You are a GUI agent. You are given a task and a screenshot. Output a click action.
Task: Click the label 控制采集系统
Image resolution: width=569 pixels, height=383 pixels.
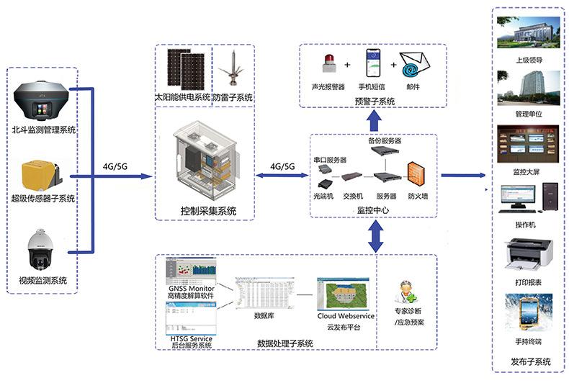click(x=207, y=211)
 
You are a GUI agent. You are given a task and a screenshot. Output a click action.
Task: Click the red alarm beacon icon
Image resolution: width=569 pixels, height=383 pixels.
click(x=328, y=64)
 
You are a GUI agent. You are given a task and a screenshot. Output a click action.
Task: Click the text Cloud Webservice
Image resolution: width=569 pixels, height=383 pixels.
click(x=344, y=317)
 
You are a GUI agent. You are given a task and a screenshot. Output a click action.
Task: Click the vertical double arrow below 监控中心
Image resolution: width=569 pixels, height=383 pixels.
click(x=375, y=235)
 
